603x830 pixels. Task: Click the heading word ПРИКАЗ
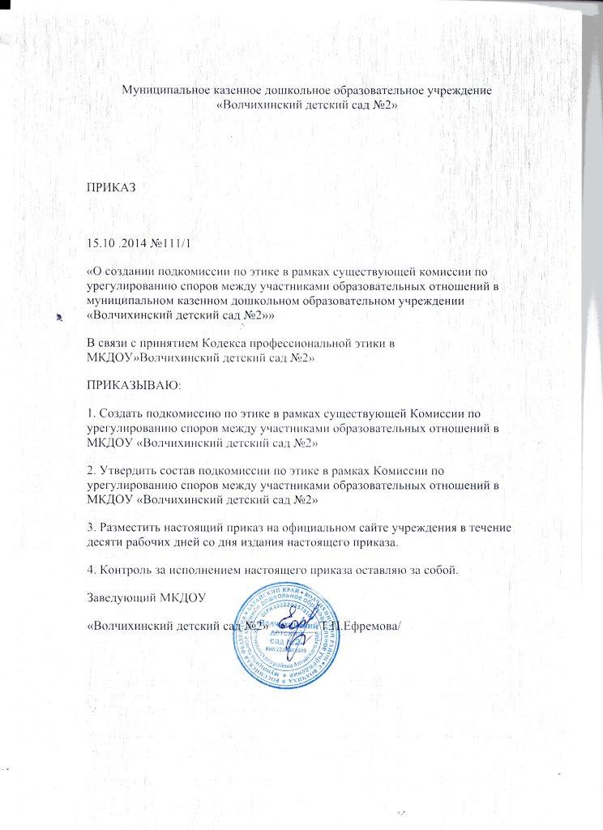[110, 186]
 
